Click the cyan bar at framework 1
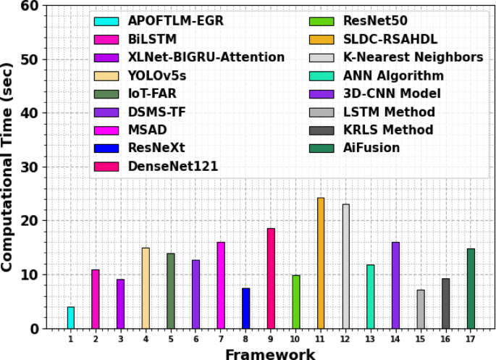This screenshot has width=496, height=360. (70, 317)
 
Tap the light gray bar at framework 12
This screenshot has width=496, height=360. (345, 266)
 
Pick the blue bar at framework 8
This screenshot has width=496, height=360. (245, 308)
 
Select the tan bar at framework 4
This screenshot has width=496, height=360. (146, 288)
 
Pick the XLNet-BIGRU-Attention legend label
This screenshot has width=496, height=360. (206, 57)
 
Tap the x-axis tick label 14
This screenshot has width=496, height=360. (395, 338)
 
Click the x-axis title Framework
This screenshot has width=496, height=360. (269, 353)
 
